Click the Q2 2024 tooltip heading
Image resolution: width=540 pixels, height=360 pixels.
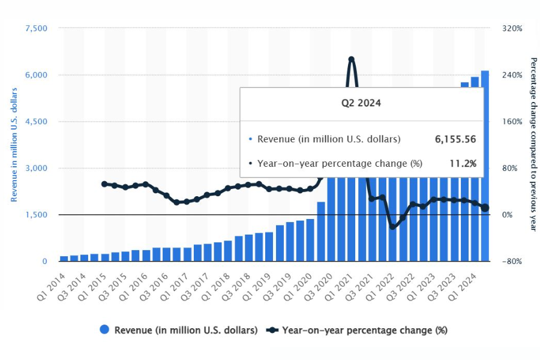tap(361, 103)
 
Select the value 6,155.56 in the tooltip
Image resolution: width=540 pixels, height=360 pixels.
tap(455, 139)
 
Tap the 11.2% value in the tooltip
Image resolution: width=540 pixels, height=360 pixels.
tap(463, 163)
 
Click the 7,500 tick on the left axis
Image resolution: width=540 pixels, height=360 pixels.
tap(36, 28)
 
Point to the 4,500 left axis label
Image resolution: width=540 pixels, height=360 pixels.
tap(36, 122)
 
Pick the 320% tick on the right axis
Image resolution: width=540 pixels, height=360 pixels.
tap(512, 28)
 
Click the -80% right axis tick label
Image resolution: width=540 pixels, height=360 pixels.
tap(512, 261)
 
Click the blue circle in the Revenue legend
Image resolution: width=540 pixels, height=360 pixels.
tap(104, 329)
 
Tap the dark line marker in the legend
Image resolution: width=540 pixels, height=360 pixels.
tap(272, 330)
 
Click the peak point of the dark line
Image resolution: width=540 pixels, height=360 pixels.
tap(351, 59)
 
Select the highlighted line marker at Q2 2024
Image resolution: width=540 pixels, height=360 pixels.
tap(485, 208)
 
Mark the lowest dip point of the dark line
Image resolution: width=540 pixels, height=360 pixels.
tap(392, 227)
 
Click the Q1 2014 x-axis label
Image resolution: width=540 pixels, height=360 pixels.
tap(52, 287)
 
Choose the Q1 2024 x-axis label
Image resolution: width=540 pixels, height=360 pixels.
tap(463, 287)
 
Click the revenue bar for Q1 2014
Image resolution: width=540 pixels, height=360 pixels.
tap(64, 259)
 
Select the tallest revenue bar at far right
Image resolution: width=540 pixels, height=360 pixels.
tap(485, 166)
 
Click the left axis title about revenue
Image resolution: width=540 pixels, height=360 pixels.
tap(14, 145)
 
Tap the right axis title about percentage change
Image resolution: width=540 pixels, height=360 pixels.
tap(533, 145)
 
